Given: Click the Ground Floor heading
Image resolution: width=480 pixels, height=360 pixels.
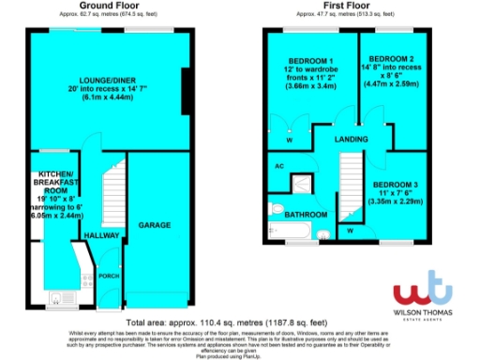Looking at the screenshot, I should (102, 6).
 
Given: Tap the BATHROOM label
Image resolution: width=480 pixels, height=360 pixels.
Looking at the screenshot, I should (298, 215).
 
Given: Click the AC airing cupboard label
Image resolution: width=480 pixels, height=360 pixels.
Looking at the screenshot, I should (278, 167).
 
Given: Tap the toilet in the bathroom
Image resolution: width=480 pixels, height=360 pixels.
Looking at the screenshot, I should (275, 208).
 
